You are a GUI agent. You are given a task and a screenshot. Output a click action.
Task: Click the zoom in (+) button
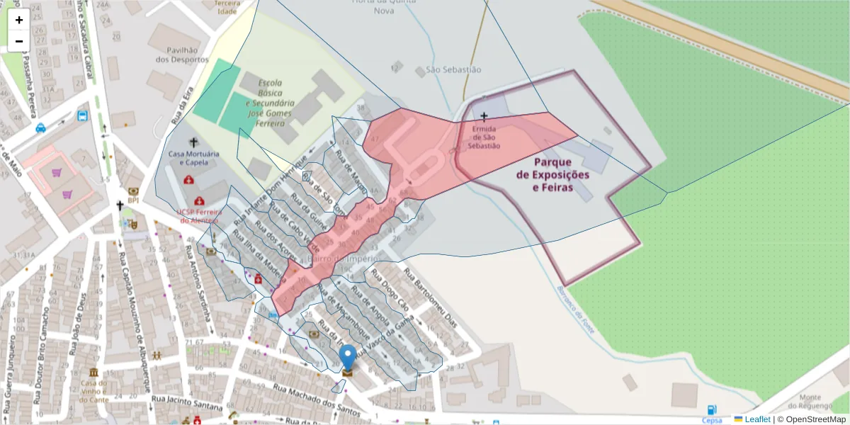pos(19,20)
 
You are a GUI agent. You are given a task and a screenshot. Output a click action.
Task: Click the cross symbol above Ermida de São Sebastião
pos(484,116)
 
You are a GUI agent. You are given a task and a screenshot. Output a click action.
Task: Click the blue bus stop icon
pos(83,115)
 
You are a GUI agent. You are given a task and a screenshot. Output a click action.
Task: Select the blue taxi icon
pos(41,128)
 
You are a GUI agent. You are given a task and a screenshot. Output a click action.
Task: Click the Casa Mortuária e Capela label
pos(193,158)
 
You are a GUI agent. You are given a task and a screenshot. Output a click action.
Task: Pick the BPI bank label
pos(133,200)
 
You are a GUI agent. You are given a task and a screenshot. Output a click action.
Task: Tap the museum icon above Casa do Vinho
pos(93,373)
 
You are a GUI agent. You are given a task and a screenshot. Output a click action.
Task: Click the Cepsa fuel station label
pos(712,420)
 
